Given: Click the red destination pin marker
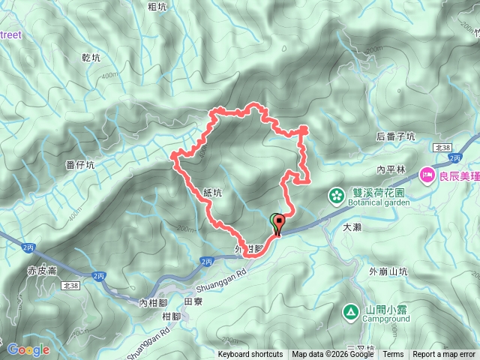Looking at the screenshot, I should pyautogui.click(x=280, y=223).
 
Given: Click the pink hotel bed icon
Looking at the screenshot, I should pyautogui.click(x=427, y=175).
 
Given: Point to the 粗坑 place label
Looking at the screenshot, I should pyautogui.click(x=157, y=7).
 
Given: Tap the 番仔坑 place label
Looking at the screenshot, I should pyautogui.click(x=79, y=165).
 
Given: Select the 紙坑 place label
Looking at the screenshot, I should pyautogui.click(x=212, y=193).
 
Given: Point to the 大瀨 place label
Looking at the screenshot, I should pyautogui.click(x=352, y=226).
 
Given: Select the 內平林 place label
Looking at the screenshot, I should pyautogui.click(x=391, y=169).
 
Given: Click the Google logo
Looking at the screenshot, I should pyautogui.click(x=28, y=349).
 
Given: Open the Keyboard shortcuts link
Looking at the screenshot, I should pyautogui.click(x=250, y=355).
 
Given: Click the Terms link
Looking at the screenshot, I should pyautogui.click(x=393, y=355).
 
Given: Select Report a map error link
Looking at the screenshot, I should pyautogui.click(x=444, y=355).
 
